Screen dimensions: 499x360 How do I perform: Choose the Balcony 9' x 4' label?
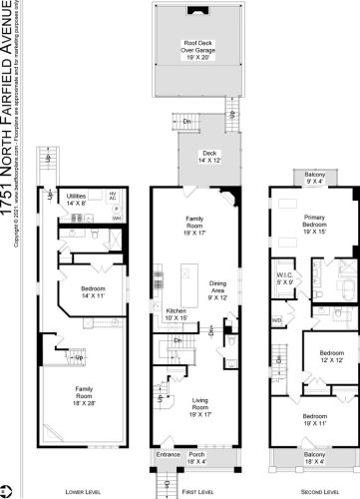pyautogui.click(x=312, y=178)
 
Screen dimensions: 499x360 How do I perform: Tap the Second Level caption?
pyautogui.click(x=313, y=491)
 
